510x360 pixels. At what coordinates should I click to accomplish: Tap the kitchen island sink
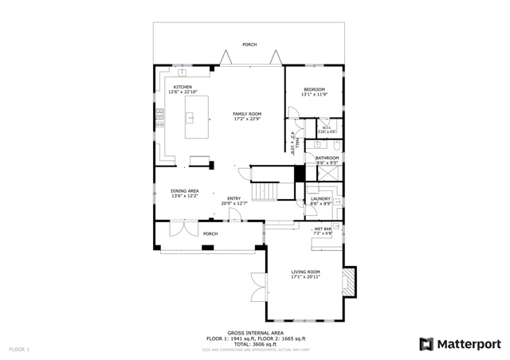pos(190,118)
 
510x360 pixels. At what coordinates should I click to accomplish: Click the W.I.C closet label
pos(327,129)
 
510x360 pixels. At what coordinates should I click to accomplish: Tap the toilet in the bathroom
pos(337,147)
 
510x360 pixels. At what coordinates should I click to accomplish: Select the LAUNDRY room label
pos(320,201)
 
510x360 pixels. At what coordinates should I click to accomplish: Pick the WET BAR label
pos(323,231)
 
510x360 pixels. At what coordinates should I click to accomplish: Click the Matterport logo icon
pos(426,344)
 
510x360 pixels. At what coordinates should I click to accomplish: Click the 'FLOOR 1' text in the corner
pos(19,349)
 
